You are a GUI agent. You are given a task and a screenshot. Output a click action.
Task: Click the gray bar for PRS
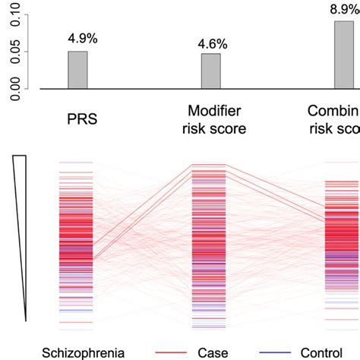coord(77,70)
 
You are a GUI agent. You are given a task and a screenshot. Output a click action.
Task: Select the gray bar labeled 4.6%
coord(210,71)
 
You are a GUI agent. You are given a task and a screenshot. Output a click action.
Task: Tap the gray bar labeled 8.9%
coord(344,55)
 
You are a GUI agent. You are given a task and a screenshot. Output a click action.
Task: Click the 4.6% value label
coord(210,39)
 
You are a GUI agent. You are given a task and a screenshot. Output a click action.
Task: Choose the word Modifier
coord(210,112)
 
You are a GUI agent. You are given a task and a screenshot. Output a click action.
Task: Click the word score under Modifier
coord(229,128)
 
